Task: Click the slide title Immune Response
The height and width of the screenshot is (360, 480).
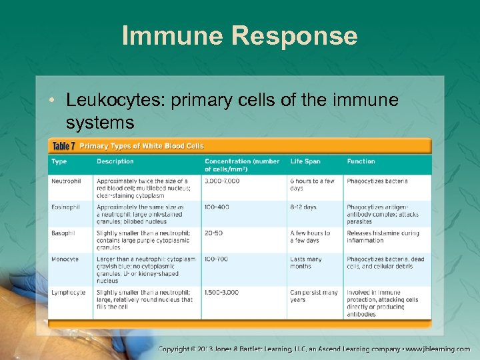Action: point(239,35)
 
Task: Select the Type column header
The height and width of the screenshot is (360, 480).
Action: point(59,161)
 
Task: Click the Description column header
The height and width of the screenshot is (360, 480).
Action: point(115,161)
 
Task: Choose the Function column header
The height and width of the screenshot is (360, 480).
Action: point(361,161)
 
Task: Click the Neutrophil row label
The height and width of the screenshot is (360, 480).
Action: point(66,181)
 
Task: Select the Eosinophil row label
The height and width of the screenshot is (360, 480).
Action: point(65,207)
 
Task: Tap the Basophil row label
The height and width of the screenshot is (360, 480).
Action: point(63,233)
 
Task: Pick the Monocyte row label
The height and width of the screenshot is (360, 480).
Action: point(65,259)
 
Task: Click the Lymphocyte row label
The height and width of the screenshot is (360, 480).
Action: point(67,293)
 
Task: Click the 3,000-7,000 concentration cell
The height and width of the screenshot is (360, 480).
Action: point(222,181)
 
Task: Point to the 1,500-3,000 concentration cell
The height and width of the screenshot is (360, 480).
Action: point(221,293)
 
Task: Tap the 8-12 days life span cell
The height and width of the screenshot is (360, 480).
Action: point(303,207)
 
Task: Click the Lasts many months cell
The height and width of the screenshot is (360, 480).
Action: point(306,263)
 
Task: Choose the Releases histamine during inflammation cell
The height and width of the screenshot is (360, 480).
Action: point(383,237)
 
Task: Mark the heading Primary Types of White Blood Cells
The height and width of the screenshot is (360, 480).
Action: point(142,146)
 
